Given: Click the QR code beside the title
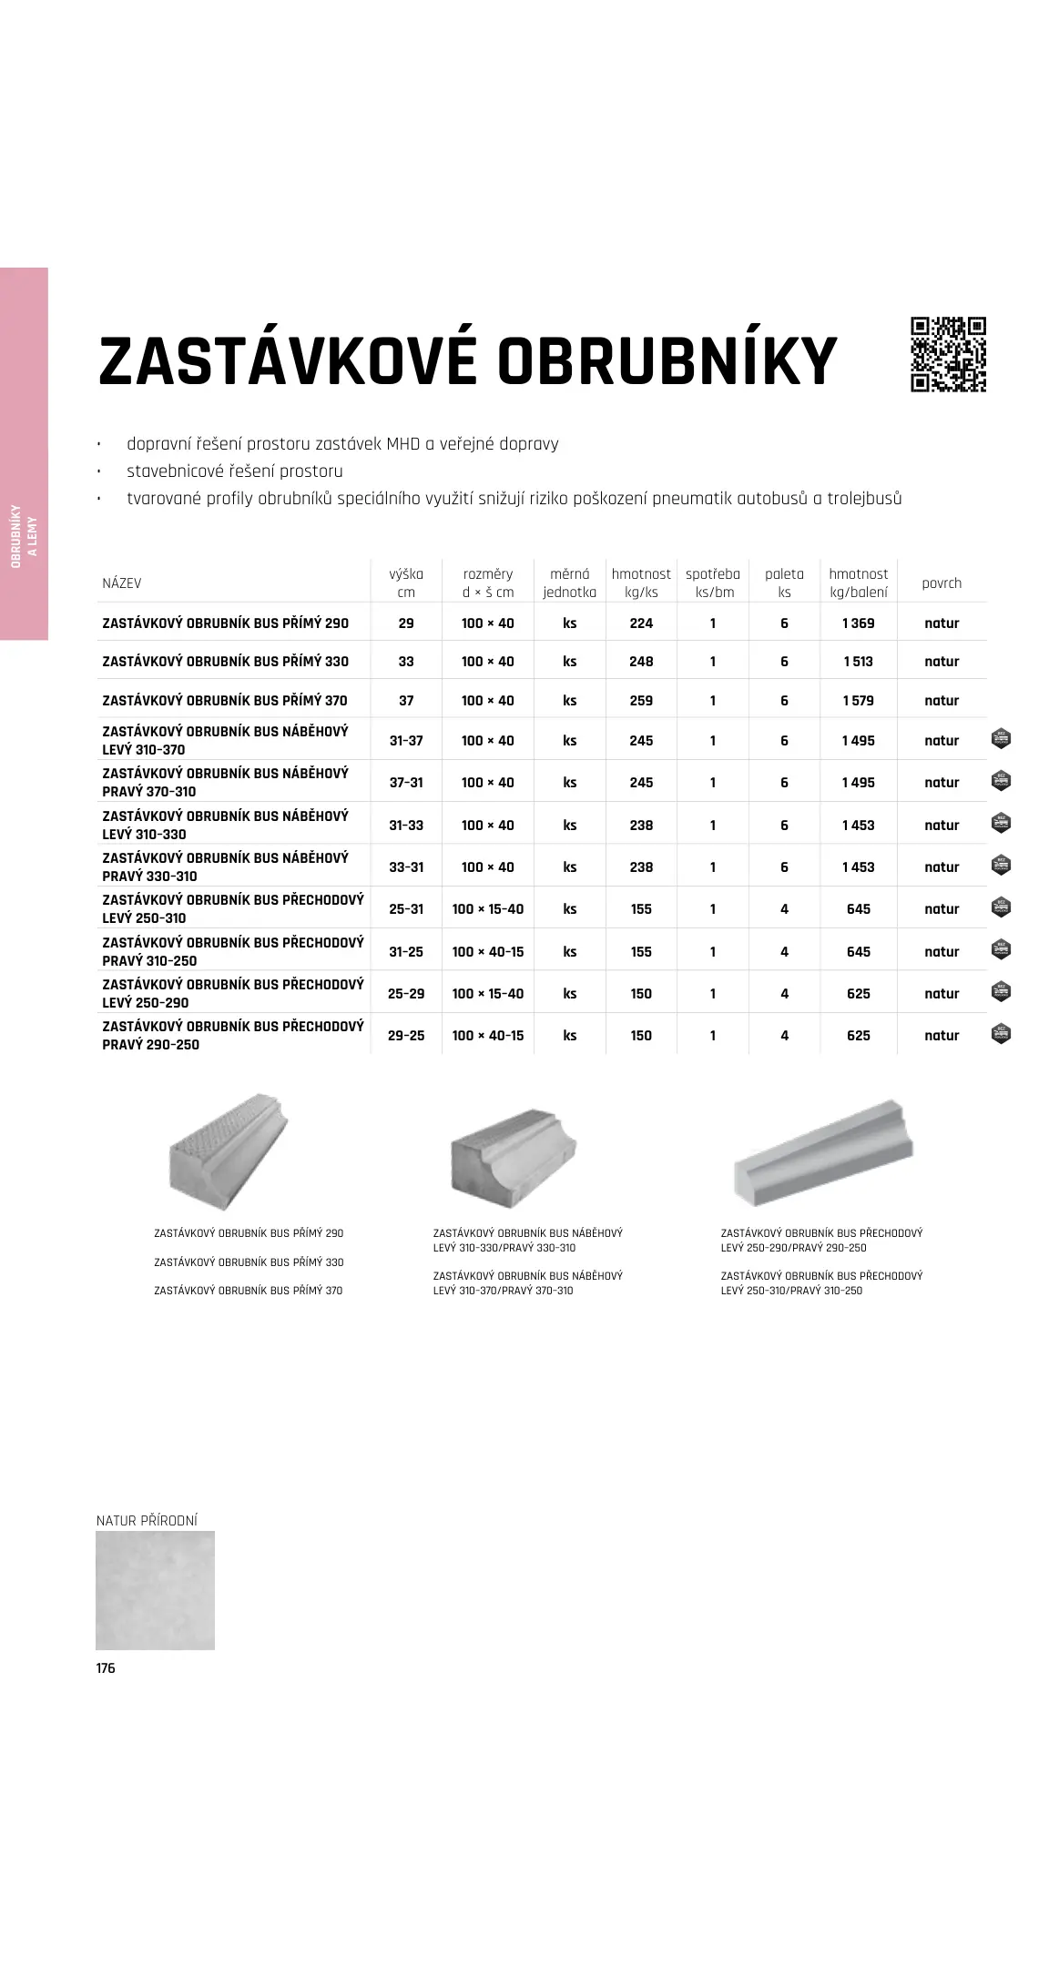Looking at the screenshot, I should tap(948, 354).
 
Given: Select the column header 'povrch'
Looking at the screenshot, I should tap(941, 583).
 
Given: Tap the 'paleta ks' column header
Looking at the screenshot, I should tap(784, 583).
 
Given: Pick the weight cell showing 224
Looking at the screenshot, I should tap(641, 623).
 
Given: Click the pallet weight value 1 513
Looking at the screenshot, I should tap(858, 662).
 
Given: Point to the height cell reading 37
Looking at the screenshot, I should tap(406, 701).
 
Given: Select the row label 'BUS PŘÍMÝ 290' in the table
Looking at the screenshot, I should tap(225, 623).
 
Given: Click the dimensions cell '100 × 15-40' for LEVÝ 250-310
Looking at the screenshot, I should tap(488, 909).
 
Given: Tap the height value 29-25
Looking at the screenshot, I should tap(406, 1036).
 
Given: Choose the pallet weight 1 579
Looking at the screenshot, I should tap(858, 701).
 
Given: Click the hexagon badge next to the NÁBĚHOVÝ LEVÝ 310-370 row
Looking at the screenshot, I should tap(1001, 739).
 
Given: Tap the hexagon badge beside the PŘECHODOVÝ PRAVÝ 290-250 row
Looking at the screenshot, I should tap(1001, 1034).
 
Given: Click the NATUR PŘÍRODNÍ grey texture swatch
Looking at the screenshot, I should tap(155, 1590).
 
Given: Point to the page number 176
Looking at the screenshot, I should tap(106, 1668).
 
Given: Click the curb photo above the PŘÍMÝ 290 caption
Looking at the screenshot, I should tap(228, 1151).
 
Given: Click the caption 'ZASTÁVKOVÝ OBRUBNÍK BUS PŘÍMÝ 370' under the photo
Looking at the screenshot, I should tap(248, 1291).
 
